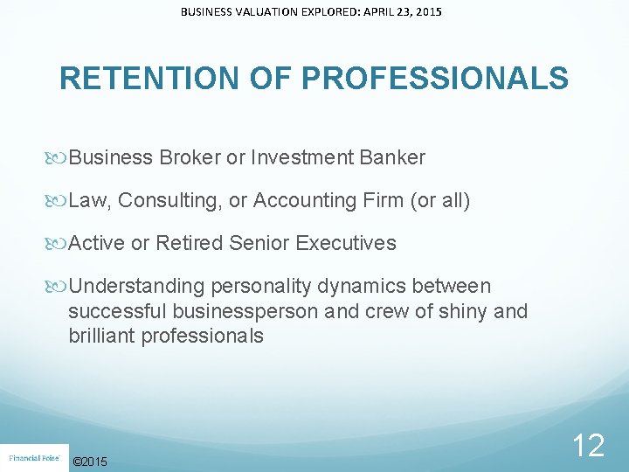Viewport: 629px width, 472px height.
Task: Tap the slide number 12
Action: pyautogui.click(x=588, y=446)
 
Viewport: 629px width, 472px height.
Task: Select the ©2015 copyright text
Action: pyautogui.click(x=91, y=461)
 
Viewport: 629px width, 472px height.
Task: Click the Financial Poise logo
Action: pyautogui.click(x=33, y=457)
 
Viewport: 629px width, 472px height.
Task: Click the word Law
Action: pyautogui.click(x=87, y=201)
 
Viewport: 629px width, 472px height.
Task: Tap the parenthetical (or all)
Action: pyautogui.click(x=440, y=201)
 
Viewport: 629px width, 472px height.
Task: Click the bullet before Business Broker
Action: pyautogui.click(x=59, y=158)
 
